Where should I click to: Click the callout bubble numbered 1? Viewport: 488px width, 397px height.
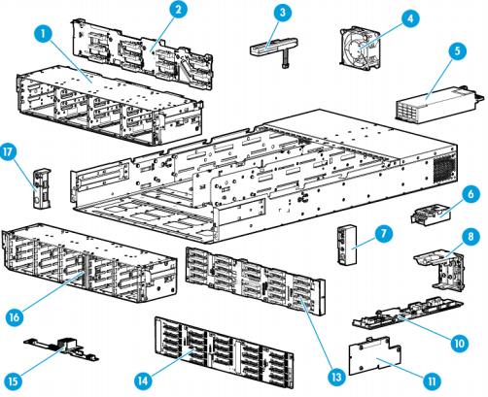click(42, 33)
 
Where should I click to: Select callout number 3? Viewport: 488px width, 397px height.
click(281, 13)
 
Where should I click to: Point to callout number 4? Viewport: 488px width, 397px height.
click(409, 17)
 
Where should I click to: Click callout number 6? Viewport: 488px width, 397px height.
click(471, 195)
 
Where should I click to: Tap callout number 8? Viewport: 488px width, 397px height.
click(471, 236)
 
